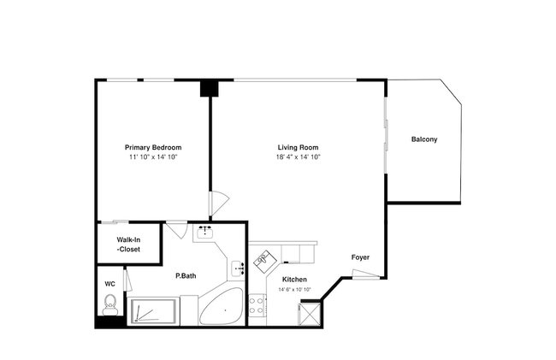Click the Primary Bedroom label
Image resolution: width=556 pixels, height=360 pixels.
coord(153,147)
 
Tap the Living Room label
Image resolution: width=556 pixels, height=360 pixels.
coord(298,147)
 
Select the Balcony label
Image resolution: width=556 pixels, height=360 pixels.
coord(424,139)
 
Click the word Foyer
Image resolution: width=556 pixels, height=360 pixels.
coord(360,257)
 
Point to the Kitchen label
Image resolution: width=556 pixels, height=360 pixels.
coord(294,280)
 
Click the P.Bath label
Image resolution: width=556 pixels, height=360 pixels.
coord(186,275)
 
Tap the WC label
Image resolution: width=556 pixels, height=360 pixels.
coord(110,284)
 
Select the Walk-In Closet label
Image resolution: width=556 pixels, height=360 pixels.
coord(128,245)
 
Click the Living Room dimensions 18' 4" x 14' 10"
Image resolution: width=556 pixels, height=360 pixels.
coord(299,157)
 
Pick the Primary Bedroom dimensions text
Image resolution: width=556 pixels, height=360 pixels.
coord(153,157)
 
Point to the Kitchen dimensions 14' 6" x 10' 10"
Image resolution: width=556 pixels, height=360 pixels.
coord(294,290)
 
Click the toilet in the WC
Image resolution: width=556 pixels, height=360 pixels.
coord(110,304)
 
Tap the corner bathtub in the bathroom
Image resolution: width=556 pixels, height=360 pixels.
coord(221,306)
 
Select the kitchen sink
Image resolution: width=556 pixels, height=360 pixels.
coord(263,262)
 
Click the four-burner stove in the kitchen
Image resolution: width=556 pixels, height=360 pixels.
coord(257,306)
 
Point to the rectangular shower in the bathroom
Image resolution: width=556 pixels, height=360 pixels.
coord(153,311)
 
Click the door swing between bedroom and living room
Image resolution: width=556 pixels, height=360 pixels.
coord(218,203)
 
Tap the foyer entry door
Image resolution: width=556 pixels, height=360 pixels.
coord(366,274)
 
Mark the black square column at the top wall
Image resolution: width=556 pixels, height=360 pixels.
coord(210,89)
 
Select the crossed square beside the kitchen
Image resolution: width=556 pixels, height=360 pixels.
coord(311,313)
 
